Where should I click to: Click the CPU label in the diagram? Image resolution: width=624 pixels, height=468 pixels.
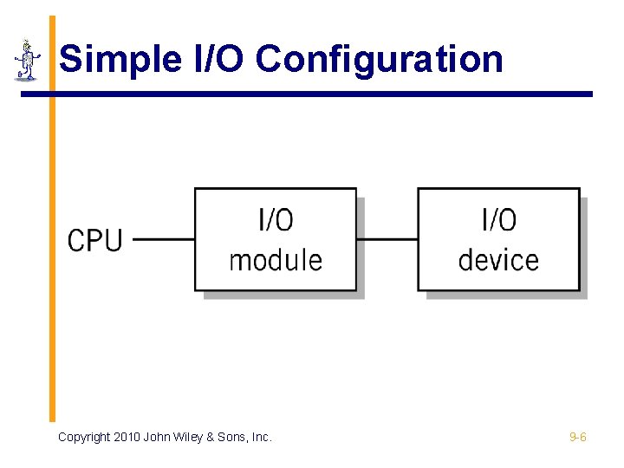tap(95, 240)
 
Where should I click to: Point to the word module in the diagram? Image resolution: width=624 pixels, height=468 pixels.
tap(276, 260)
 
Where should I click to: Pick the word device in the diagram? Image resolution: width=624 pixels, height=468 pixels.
tap(498, 260)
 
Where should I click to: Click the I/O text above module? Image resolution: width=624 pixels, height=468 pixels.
tap(276, 220)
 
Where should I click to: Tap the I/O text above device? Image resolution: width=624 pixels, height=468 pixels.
tap(498, 220)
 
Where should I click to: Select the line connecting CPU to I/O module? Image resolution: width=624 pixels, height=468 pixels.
tap(164, 239)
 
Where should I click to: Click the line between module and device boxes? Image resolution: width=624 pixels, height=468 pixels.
tap(387, 239)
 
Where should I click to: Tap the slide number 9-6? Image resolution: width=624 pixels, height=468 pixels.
tap(577, 438)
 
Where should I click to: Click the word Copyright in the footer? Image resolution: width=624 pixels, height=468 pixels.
tap(84, 438)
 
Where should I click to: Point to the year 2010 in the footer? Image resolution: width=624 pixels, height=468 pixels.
tap(127, 438)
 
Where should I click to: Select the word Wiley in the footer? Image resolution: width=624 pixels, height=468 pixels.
tap(188, 438)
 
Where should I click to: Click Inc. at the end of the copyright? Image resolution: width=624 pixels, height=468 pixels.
tap(263, 438)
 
